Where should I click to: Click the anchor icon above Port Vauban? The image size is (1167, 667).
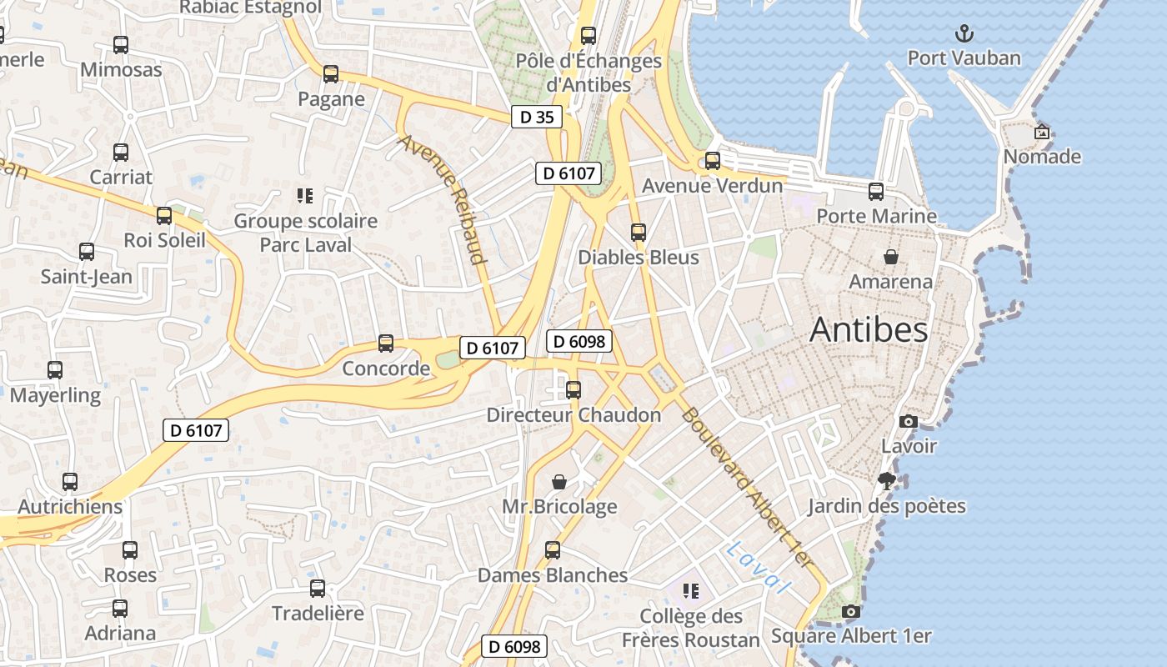pyautogui.click(x=964, y=33)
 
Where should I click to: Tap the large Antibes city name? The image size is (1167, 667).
pyautogui.click(x=869, y=329)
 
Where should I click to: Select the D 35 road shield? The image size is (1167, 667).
pyautogui.click(x=537, y=118)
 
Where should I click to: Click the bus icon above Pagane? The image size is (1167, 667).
pyautogui.click(x=331, y=74)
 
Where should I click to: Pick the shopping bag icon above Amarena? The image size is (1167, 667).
pyautogui.click(x=891, y=257)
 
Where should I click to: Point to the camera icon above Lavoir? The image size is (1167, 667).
pyautogui.click(x=909, y=422)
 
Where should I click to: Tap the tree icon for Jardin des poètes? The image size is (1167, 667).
pyautogui.click(x=886, y=480)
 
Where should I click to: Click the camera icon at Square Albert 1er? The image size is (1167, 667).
pyautogui.click(x=850, y=612)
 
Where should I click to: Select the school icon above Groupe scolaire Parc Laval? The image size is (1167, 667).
pyautogui.click(x=305, y=196)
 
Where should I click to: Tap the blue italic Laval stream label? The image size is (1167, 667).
pyautogui.click(x=757, y=567)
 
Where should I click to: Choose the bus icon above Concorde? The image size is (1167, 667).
pyautogui.click(x=386, y=343)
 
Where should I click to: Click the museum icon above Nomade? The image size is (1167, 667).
pyautogui.click(x=1041, y=132)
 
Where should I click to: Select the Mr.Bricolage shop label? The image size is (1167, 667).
pyautogui.click(x=559, y=506)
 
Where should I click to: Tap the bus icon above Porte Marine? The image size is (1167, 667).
pyautogui.click(x=876, y=191)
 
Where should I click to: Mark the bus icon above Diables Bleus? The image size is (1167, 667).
pyautogui.click(x=639, y=233)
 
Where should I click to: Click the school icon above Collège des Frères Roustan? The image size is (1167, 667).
pyautogui.click(x=690, y=591)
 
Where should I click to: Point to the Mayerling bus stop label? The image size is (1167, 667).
pyautogui.click(x=55, y=394)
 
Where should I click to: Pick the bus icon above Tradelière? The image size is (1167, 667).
pyautogui.click(x=318, y=589)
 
